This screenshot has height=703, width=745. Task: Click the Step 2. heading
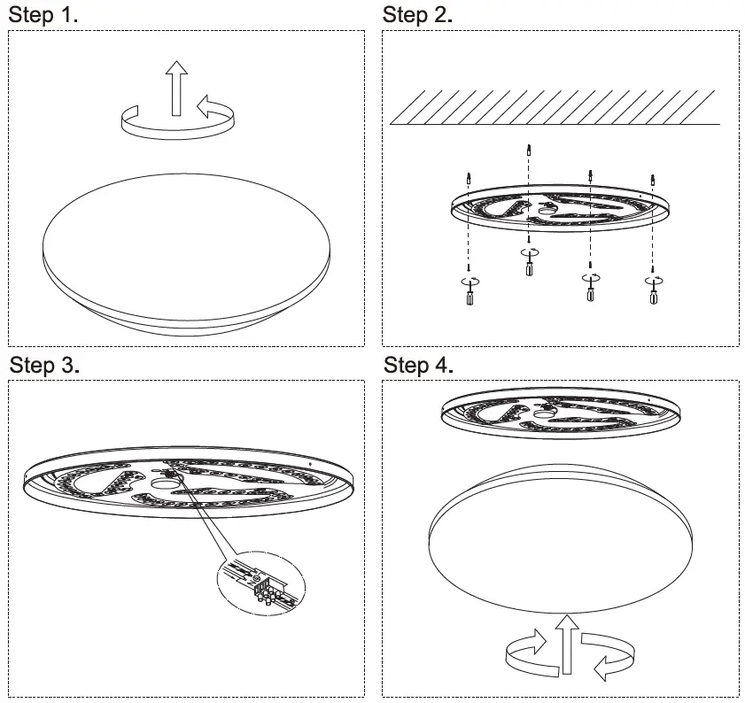pos(417,15)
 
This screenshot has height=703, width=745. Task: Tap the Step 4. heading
pos(419,365)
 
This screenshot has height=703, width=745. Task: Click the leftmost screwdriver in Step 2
pos(469,292)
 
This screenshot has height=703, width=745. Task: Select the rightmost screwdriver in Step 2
pos(653,292)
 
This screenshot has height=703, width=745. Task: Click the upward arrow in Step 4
pos(566,642)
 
